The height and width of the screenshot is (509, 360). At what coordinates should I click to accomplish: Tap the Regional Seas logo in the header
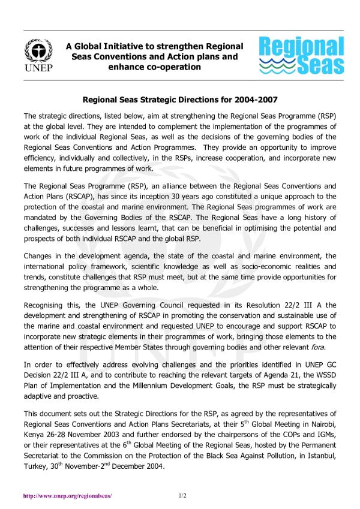click(x=301, y=55)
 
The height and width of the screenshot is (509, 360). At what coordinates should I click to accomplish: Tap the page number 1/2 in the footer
click(x=183, y=496)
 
